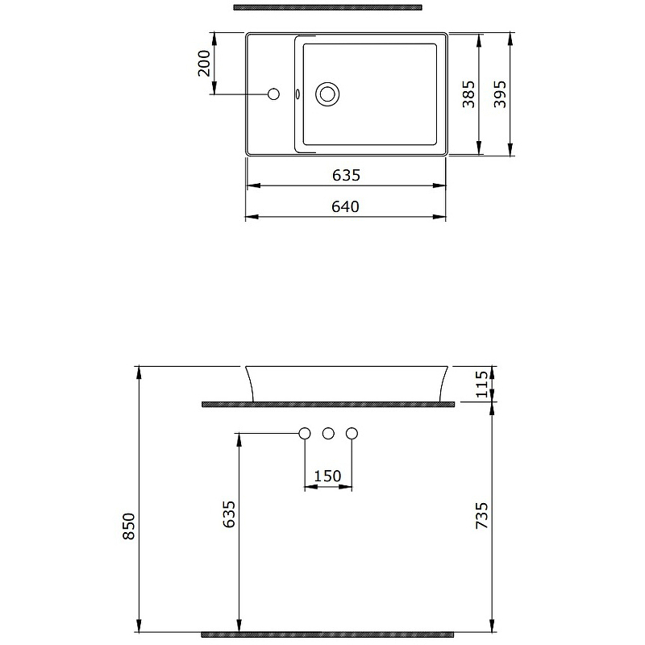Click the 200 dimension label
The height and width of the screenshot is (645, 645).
tap(205, 63)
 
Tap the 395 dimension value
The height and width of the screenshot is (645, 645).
tap(501, 94)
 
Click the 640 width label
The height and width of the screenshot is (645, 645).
tap(345, 207)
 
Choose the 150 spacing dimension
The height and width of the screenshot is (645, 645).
tap(327, 476)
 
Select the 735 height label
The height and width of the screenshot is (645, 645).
tap(482, 516)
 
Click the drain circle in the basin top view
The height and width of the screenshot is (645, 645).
tap(327, 94)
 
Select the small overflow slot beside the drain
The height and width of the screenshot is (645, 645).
tap(298, 94)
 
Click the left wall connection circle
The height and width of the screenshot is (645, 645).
tap(305, 434)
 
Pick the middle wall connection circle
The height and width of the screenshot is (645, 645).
tap(327, 434)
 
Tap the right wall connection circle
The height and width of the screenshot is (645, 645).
tap(351, 434)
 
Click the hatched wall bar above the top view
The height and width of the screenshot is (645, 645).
tap(327, 7)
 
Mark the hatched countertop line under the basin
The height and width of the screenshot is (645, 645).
tap(327, 403)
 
